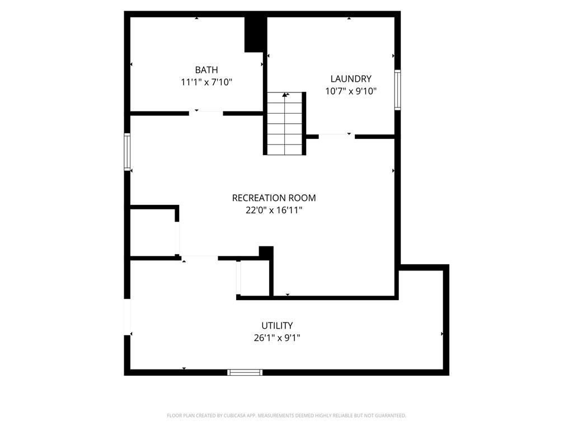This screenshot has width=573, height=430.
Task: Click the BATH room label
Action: coord(206,70)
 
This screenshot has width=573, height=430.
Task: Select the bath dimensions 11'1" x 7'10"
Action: coord(206,82)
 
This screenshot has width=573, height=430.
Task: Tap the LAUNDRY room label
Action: coord(351,78)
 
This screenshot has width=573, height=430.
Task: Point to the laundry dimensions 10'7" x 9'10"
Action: coord(351,91)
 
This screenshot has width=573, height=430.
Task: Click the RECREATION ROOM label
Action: coord(274,198)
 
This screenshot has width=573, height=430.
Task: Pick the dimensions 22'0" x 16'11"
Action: coord(274,211)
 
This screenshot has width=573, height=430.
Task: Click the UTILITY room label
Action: coord(277,325)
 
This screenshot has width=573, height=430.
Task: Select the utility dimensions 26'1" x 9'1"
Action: coord(277,338)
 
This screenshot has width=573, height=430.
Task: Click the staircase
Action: coord(285,124)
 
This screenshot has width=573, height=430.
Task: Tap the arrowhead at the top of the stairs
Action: coord(285,95)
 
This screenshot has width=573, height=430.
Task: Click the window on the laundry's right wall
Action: coord(398,90)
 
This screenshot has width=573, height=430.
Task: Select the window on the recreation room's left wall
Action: coord(127,152)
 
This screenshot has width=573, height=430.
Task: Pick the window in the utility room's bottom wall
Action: coord(245,372)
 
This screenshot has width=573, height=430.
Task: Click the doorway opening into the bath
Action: coord(206,113)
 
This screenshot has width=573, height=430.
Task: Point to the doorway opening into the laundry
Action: coord(336,137)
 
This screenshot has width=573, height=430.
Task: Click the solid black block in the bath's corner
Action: coord(254,34)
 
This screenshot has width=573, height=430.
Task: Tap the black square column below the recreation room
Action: coord(266,253)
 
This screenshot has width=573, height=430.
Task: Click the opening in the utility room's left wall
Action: coord(127,317)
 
